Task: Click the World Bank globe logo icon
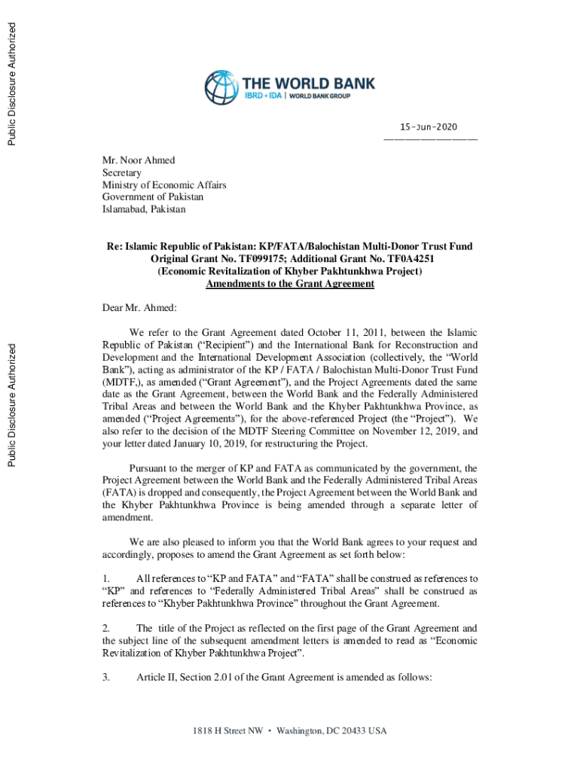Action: point(221,87)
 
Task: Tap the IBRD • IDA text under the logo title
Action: point(261,96)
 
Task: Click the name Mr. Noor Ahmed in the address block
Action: point(139,160)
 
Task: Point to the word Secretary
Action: point(122,172)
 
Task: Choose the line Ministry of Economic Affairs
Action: point(164,184)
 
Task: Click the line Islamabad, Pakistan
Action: point(144,209)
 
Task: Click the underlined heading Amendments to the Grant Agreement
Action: point(290,284)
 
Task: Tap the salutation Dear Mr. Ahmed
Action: point(139,307)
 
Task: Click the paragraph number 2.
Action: point(106,628)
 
